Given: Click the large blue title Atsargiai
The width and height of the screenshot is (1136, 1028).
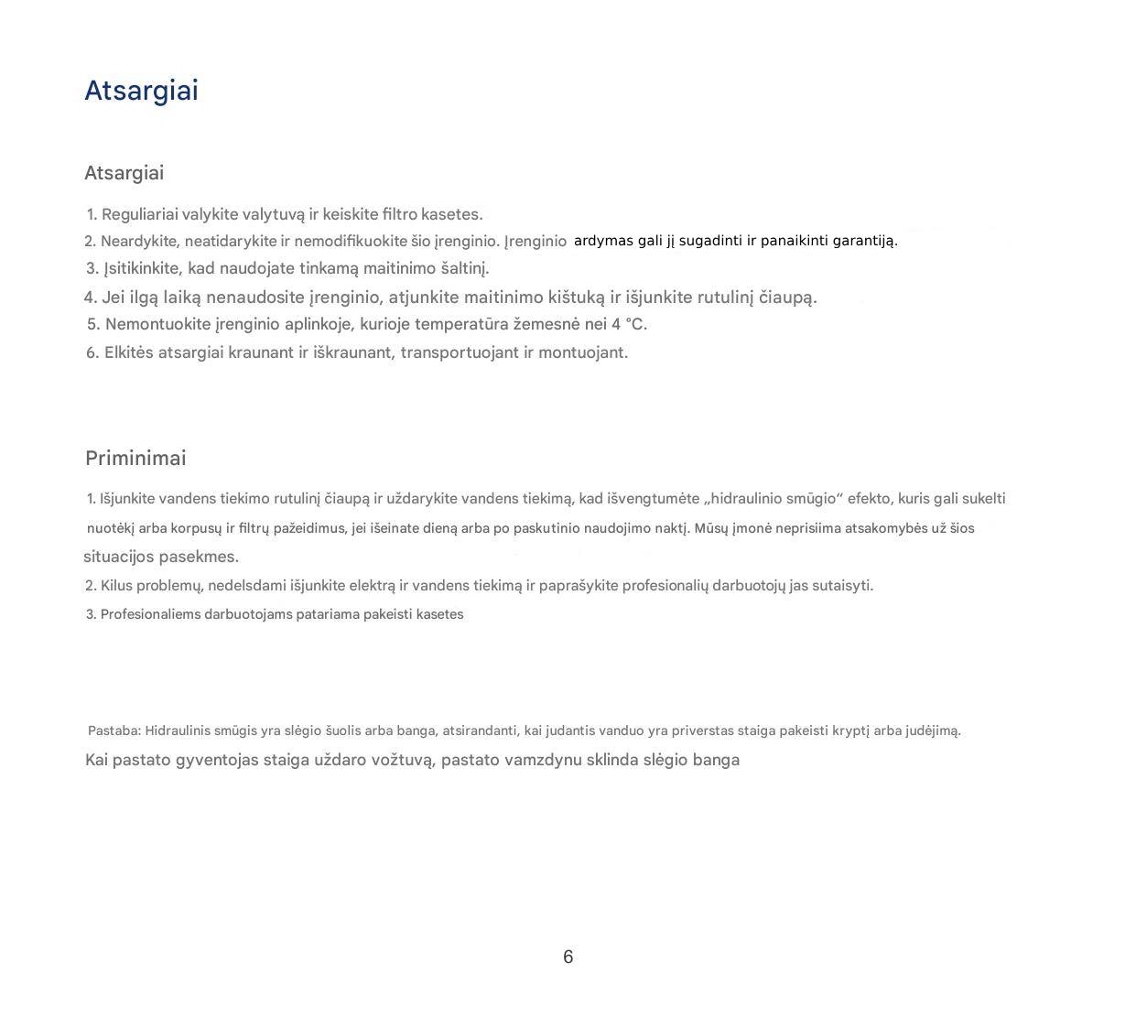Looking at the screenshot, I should (141, 91).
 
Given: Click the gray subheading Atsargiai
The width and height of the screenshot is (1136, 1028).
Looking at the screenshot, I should (124, 173).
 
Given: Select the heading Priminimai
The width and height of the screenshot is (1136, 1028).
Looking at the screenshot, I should (135, 458).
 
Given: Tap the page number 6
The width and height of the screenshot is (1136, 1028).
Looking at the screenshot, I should (568, 957).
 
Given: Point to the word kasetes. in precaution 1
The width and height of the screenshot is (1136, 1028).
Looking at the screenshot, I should (451, 214).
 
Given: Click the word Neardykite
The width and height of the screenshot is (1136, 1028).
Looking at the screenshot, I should (140, 241).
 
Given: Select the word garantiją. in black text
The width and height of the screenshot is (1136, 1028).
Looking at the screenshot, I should (865, 241).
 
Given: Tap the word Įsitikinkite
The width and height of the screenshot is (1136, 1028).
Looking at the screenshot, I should (144, 268).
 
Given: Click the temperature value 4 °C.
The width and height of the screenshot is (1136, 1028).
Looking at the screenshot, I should (629, 324).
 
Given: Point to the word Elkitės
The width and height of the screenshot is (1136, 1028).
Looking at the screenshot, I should (128, 352).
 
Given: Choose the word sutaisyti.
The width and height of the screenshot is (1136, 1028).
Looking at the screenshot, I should (842, 586).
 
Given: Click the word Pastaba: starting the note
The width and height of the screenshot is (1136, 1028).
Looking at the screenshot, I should (114, 730).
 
